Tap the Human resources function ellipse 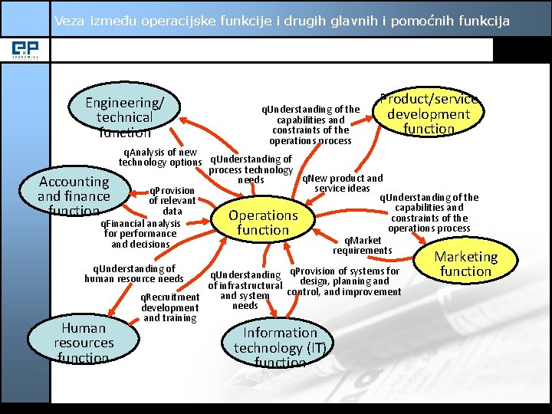coord(84,341)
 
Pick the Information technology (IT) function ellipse coord(280,347)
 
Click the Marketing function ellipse coord(465,263)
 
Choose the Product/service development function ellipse coord(429,113)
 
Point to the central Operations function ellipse coord(263,222)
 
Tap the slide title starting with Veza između coord(281,21)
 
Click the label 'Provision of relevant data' coord(172,201)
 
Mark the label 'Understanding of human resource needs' coord(134,274)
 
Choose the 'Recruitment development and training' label coord(170,307)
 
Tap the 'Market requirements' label coord(362,245)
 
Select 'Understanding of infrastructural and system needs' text coord(245,290)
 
